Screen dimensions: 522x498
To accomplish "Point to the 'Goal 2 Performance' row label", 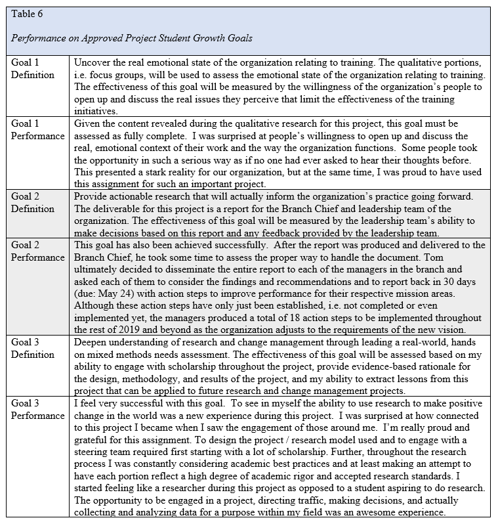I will pos(37,251).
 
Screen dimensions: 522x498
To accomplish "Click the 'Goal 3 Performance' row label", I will pos(37,410).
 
